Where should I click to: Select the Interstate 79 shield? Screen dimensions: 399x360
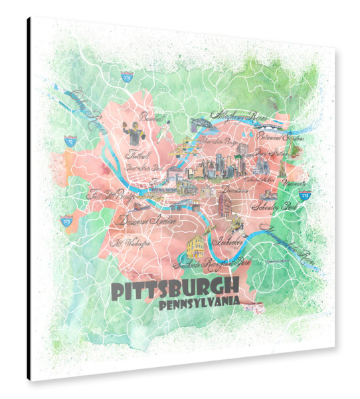70,140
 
